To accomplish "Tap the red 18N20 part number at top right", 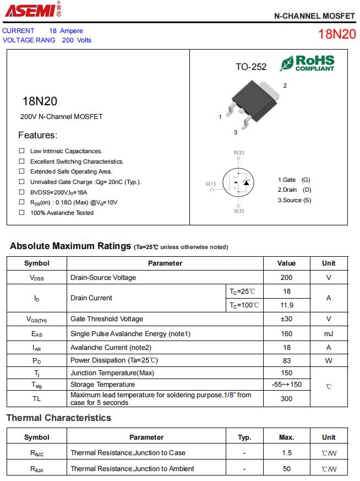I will click(x=336, y=34).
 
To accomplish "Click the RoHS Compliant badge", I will click(x=307, y=63).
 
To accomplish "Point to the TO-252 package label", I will click(x=251, y=67).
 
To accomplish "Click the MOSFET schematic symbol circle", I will click(x=239, y=182).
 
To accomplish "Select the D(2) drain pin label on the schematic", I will click(x=239, y=152).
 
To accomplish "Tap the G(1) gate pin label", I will click(x=211, y=183).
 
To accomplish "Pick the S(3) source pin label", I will click(x=239, y=211).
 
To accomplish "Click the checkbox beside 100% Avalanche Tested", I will click(x=22, y=213).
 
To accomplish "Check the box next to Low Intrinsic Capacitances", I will click(x=22, y=150).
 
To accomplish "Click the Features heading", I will click(x=37, y=135).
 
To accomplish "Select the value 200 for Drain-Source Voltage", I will click(x=286, y=278).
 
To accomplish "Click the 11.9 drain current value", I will click(x=286, y=305).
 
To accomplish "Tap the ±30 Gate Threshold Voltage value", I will click(x=286, y=319).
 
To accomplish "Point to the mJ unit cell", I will click(x=329, y=334).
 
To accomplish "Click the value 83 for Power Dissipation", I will click(x=286, y=361).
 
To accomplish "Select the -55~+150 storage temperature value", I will click(x=286, y=385).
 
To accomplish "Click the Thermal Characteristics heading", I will click(x=59, y=418).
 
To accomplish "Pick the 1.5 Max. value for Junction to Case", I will click(x=286, y=453).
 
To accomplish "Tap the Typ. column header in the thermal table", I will click(x=244, y=437).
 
